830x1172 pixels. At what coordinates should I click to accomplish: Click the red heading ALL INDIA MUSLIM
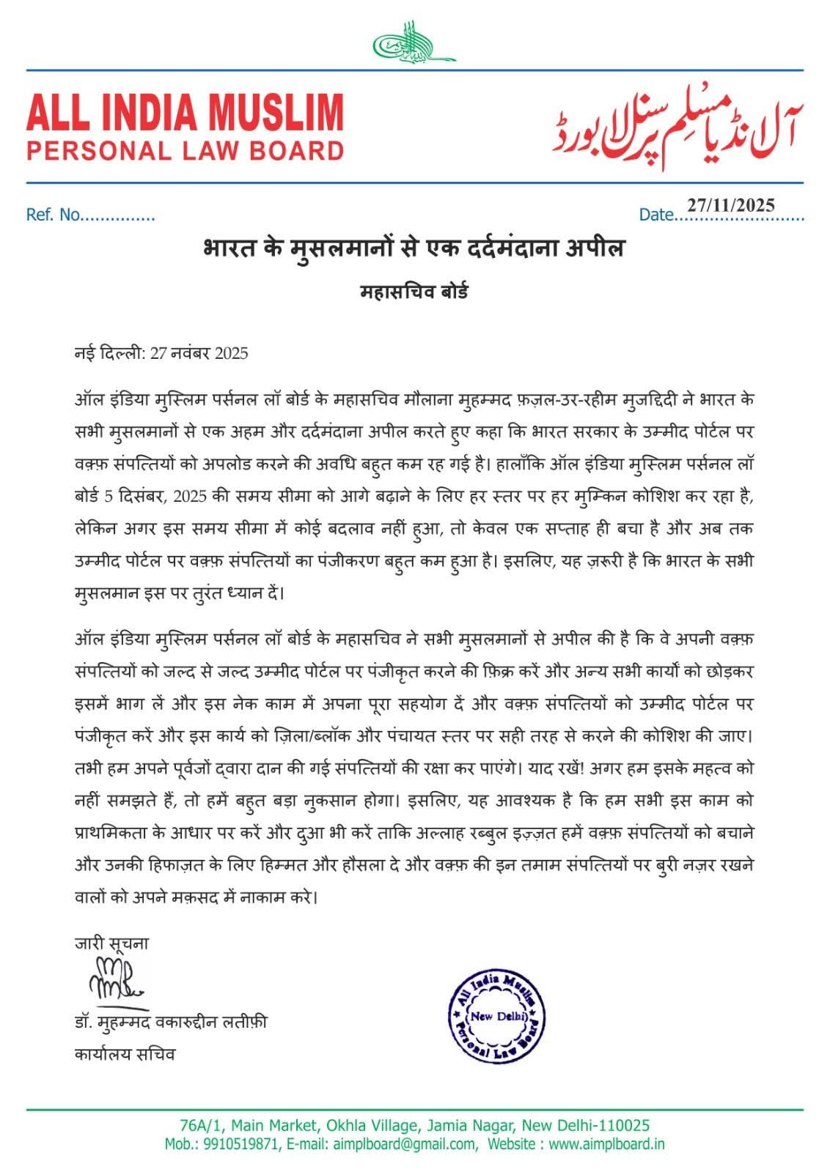(x=185, y=112)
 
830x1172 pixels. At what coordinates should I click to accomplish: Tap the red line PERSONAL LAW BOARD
(x=185, y=151)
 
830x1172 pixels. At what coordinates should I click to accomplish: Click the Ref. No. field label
(x=53, y=215)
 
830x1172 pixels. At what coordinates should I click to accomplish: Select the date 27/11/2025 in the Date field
(x=730, y=205)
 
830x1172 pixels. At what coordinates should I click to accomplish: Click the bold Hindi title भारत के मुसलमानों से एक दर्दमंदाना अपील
(x=414, y=248)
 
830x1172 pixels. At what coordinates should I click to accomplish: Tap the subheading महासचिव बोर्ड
(x=414, y=292)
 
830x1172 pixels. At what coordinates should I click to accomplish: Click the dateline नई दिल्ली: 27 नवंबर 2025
(x=161, y=353)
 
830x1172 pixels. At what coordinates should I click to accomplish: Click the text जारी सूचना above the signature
(x=111, y=943)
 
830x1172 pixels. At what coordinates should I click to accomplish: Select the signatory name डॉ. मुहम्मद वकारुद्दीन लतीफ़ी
(x=171, y=1021)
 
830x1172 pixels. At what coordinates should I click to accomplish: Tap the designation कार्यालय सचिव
(x=125, y=1054)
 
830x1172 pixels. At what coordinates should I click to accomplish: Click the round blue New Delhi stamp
(x=498, y=1016)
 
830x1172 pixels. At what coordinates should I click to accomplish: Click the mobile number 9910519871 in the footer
(x=242, y=1144)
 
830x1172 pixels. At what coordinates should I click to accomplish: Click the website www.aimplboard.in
(x=606, y=1144)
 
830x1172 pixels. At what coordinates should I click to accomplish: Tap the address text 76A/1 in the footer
(x=196, y=1125)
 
